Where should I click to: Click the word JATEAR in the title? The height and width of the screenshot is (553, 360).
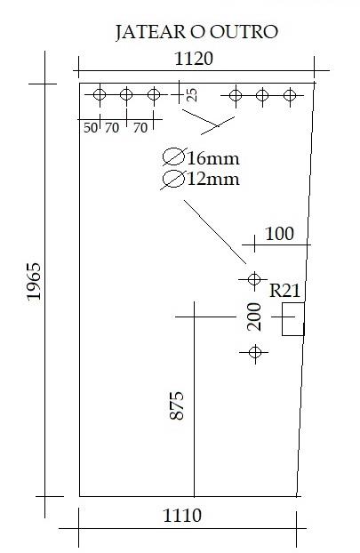[151, 32]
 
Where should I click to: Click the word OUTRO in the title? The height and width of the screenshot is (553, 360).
[244, 32]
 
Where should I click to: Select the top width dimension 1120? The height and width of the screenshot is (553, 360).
[194, 59]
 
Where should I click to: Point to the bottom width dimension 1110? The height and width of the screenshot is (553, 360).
[182, 516]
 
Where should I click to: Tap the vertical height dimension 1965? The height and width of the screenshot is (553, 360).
[34, 281]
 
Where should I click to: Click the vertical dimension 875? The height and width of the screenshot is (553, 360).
[177, 405]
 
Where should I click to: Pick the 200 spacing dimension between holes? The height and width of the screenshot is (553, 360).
[254, 317]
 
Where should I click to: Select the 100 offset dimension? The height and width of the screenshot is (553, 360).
[279, 234]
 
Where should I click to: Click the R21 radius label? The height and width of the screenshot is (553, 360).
[284, 291]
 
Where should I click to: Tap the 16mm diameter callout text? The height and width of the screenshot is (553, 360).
[213, 159]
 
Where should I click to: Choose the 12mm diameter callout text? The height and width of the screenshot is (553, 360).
[213, 180]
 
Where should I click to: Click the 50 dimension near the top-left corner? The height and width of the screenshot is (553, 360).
[91, 128]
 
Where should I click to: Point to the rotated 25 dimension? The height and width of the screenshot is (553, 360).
[191, 95]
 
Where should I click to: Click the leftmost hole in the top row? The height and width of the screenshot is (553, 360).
[100, 94]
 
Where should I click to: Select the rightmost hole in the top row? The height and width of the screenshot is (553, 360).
[290, 95]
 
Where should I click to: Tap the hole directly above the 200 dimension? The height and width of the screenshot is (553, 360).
[254, 279]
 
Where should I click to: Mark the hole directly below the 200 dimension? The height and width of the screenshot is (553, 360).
[255, 352]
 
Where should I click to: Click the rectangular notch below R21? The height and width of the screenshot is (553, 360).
[293, 319]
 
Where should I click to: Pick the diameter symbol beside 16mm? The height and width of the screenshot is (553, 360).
[173, 157]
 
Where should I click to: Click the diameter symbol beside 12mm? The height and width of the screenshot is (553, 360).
[173, 180]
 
